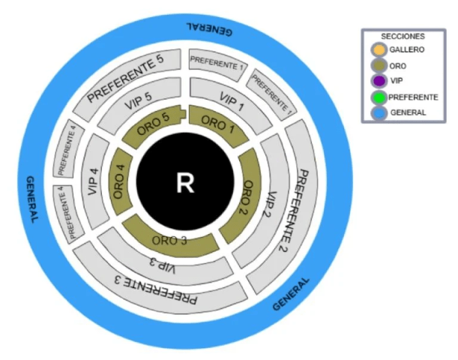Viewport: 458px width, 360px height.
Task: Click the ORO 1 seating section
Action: [218, 122]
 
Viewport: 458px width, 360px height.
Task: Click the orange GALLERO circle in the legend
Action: [379, 50]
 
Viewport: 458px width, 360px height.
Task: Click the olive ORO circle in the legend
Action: [379, 66]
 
